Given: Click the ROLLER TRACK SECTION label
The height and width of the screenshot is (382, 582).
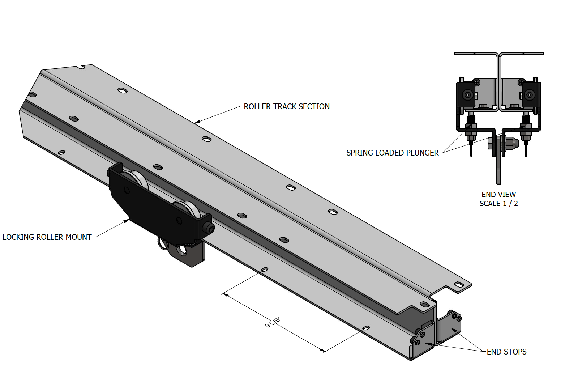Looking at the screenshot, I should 286,107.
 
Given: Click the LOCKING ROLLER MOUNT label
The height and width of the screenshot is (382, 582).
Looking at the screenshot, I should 47,237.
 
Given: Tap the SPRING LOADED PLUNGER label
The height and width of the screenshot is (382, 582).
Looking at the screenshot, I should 392,153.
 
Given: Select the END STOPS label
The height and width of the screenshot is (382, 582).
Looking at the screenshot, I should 506,352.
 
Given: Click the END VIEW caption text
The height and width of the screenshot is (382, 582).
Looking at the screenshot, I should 498,195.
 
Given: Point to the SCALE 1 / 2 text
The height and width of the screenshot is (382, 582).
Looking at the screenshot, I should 498,204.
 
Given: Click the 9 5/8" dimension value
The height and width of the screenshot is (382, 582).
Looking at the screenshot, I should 273,322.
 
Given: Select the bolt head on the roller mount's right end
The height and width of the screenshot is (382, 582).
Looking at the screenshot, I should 209,228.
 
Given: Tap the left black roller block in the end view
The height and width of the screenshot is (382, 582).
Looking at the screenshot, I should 466,95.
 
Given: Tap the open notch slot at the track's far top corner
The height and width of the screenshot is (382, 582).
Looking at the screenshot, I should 83,67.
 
